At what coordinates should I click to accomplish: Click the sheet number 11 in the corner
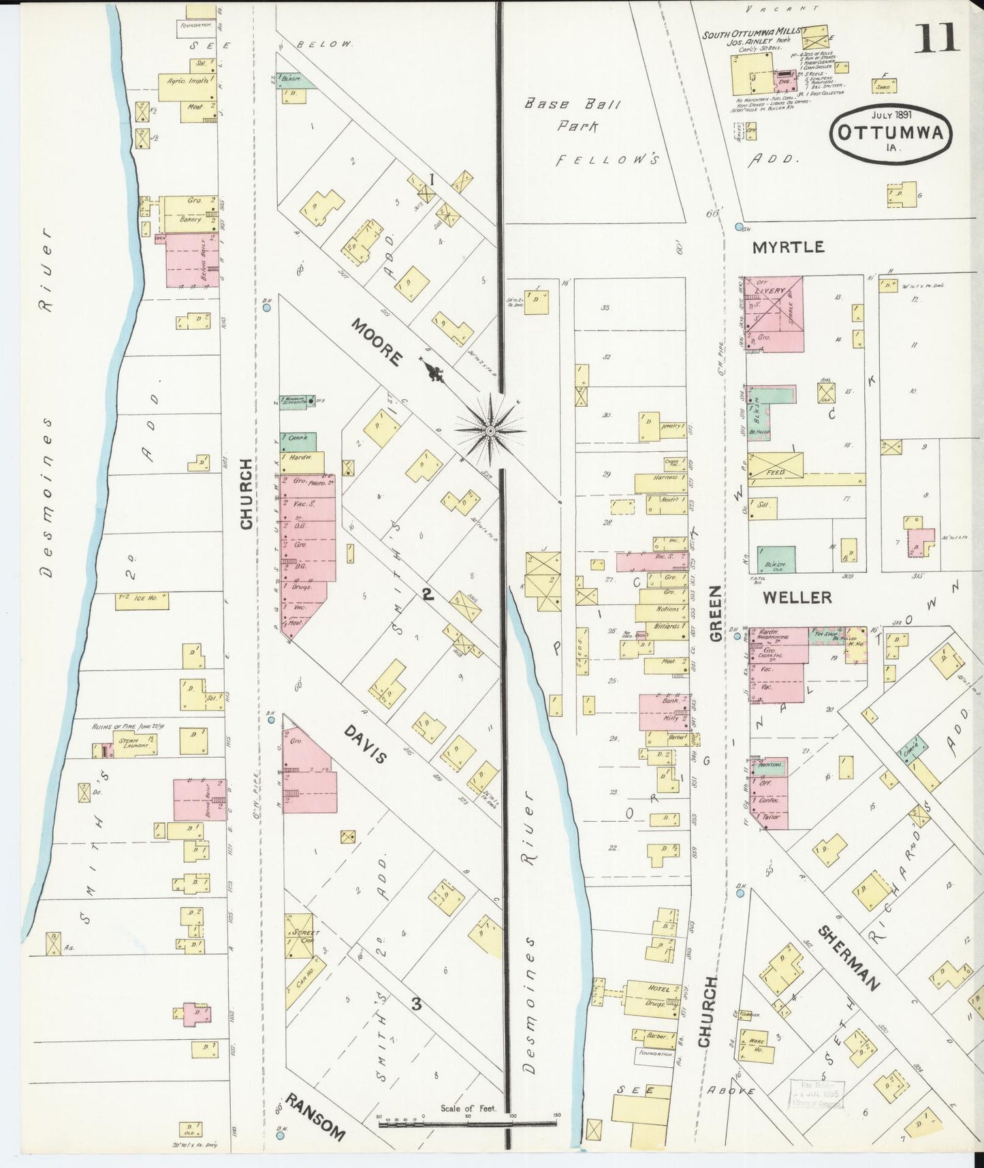click(x=938, y=37)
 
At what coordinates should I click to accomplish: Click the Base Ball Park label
click(x=572, y=115)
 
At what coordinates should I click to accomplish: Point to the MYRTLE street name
click(x=788, y=247)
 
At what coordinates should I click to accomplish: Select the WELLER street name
click(x=797, y=598)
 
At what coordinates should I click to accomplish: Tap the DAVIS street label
click(x=366, y=744)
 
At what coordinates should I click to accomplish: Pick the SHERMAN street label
click(x=849, y=957)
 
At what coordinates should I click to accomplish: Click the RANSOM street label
click(x=315, y=1118)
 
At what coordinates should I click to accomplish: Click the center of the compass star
click(x=490, y=431)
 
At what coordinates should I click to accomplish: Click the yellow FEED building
click(x=776, y=471)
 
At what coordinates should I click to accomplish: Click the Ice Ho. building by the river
click(x=142, y=600)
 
